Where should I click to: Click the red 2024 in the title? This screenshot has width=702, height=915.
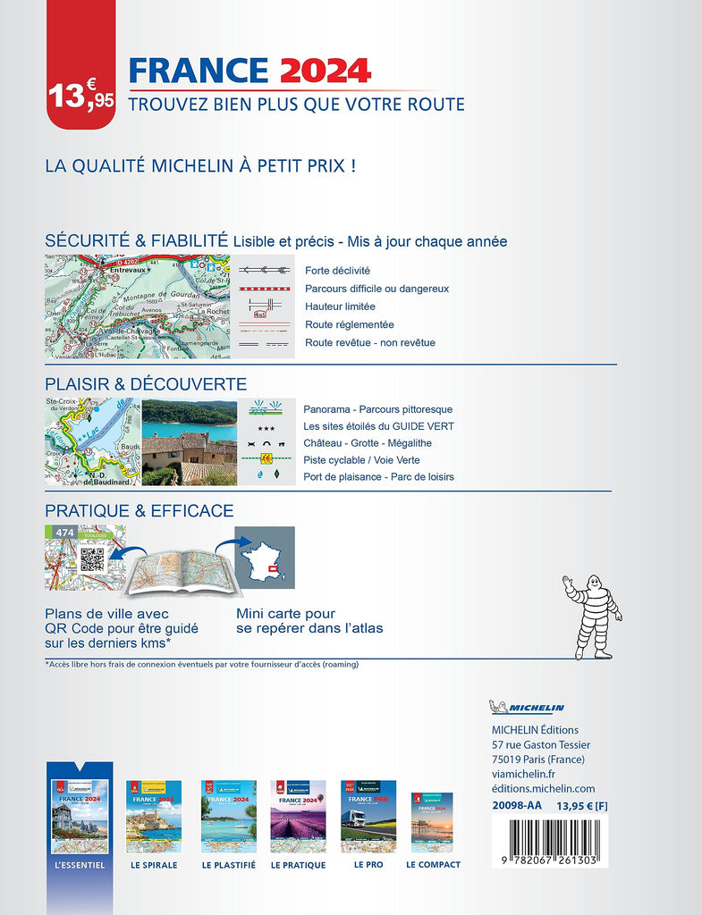[x=324, y=71]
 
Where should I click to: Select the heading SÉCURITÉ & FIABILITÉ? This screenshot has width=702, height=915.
[x=136, y=240]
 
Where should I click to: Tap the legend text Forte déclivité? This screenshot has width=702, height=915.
[x=337, y=270]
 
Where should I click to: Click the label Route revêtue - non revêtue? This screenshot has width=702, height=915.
[x=369, y=342]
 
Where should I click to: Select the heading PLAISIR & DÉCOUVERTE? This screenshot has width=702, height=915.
[x=146, y=384]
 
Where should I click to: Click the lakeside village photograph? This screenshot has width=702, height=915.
[x=189, y=441]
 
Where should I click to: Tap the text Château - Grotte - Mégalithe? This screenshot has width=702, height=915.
[x=367, y=443]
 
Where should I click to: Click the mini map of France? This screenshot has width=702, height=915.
[x=265, y=558]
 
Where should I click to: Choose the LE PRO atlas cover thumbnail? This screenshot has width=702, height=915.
[x=368, y=816]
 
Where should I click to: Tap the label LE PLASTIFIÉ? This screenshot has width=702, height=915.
[x=228, y=865]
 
